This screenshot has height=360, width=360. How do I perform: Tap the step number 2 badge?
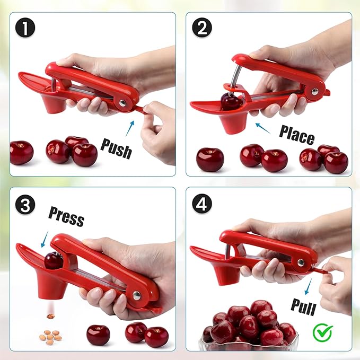tap(201, 28)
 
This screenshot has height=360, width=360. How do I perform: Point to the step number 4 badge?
tap(201, 204)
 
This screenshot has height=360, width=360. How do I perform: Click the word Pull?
tap(303, 306)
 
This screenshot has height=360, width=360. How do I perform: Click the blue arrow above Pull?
tap(310, 287)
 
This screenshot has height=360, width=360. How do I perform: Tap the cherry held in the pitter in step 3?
tap(52, 260)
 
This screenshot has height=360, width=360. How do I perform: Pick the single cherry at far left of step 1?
tap(22, 152)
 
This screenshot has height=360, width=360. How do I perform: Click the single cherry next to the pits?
tap(98, 335)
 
